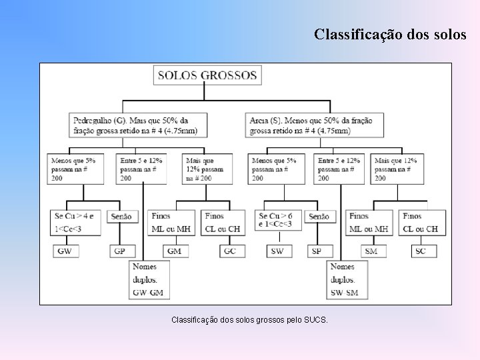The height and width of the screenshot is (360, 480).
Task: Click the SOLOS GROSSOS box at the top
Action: pyautogui.click(x=207, y=75)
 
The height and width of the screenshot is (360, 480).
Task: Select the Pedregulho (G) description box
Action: pyautogui.click(x=138, y=125)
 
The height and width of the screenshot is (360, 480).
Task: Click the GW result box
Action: pyautogui.click(x=65, y=251)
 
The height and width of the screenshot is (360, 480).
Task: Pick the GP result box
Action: pyautogui.click(x=120, y=251)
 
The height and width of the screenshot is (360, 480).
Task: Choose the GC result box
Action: pyautogui.click(x=230, y=251)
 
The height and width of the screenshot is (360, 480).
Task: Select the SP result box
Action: pyautogui.click(x=317, y=251)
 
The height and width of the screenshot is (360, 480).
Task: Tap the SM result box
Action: pyautogui.click(x=371, y=251)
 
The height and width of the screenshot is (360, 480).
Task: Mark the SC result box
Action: pyautogui.click(x=420, y=251)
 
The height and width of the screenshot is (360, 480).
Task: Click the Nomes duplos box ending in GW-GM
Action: pyautogui.click(x=152, y=279)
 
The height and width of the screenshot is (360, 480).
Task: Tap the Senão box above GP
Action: pyautogui.click(x=121, y=217)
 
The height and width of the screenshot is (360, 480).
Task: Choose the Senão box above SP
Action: pyautogui.click(x=319, y=217)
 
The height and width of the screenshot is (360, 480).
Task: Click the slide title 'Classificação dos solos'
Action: pyautogui.click(x=390, y=34)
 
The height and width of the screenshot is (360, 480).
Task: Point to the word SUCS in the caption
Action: pyautogui.click(x=317, y=321)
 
